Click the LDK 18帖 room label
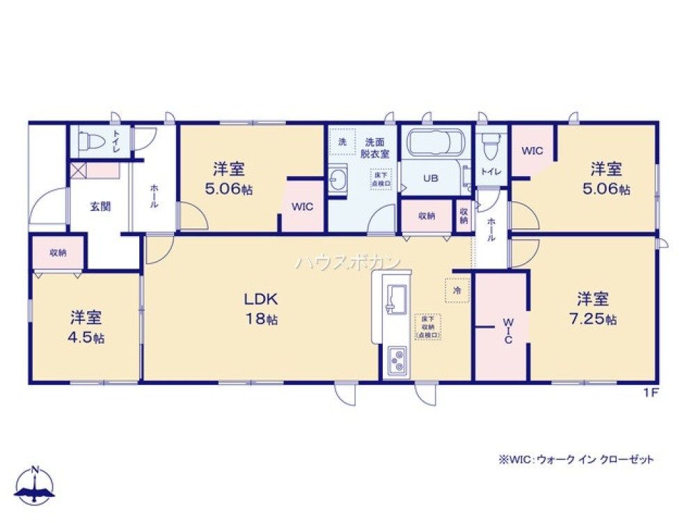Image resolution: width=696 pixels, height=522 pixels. pos(261,308)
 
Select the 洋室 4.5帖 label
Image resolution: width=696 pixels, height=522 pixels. pos(87,327)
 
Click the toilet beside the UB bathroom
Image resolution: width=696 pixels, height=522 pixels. pos(491,145)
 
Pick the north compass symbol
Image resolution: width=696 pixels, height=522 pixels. pos(35,485)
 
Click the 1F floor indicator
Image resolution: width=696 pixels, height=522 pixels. pos(650,392)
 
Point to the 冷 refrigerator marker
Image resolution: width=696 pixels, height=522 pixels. pos(457,290)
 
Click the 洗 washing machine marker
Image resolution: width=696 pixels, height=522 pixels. pos(342,141)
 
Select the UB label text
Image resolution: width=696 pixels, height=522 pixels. pos(431,178)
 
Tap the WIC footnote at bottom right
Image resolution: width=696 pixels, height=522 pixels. pos(576,460)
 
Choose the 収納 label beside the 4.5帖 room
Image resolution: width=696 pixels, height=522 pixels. pos(58,253)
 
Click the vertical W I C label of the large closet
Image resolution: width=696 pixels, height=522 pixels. pos(508,331)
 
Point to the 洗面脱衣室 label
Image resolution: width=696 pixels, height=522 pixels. pos(377,148)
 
